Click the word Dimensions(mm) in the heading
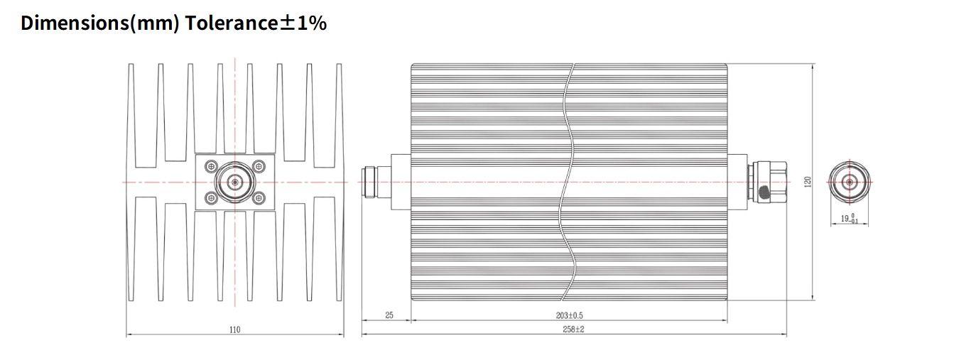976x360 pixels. (x=99, y=23)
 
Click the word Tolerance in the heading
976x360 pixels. (x=232, y=23)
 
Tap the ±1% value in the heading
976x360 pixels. (x=303, y=23)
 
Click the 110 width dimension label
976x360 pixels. (x=235, y=329)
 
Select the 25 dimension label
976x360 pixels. (x=389, y=315)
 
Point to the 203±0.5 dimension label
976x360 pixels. (x=569, y=315)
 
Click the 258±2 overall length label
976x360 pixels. (x=573, y=329)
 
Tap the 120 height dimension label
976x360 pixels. (x=808, y=182)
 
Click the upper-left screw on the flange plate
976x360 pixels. (x=211, y=166)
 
